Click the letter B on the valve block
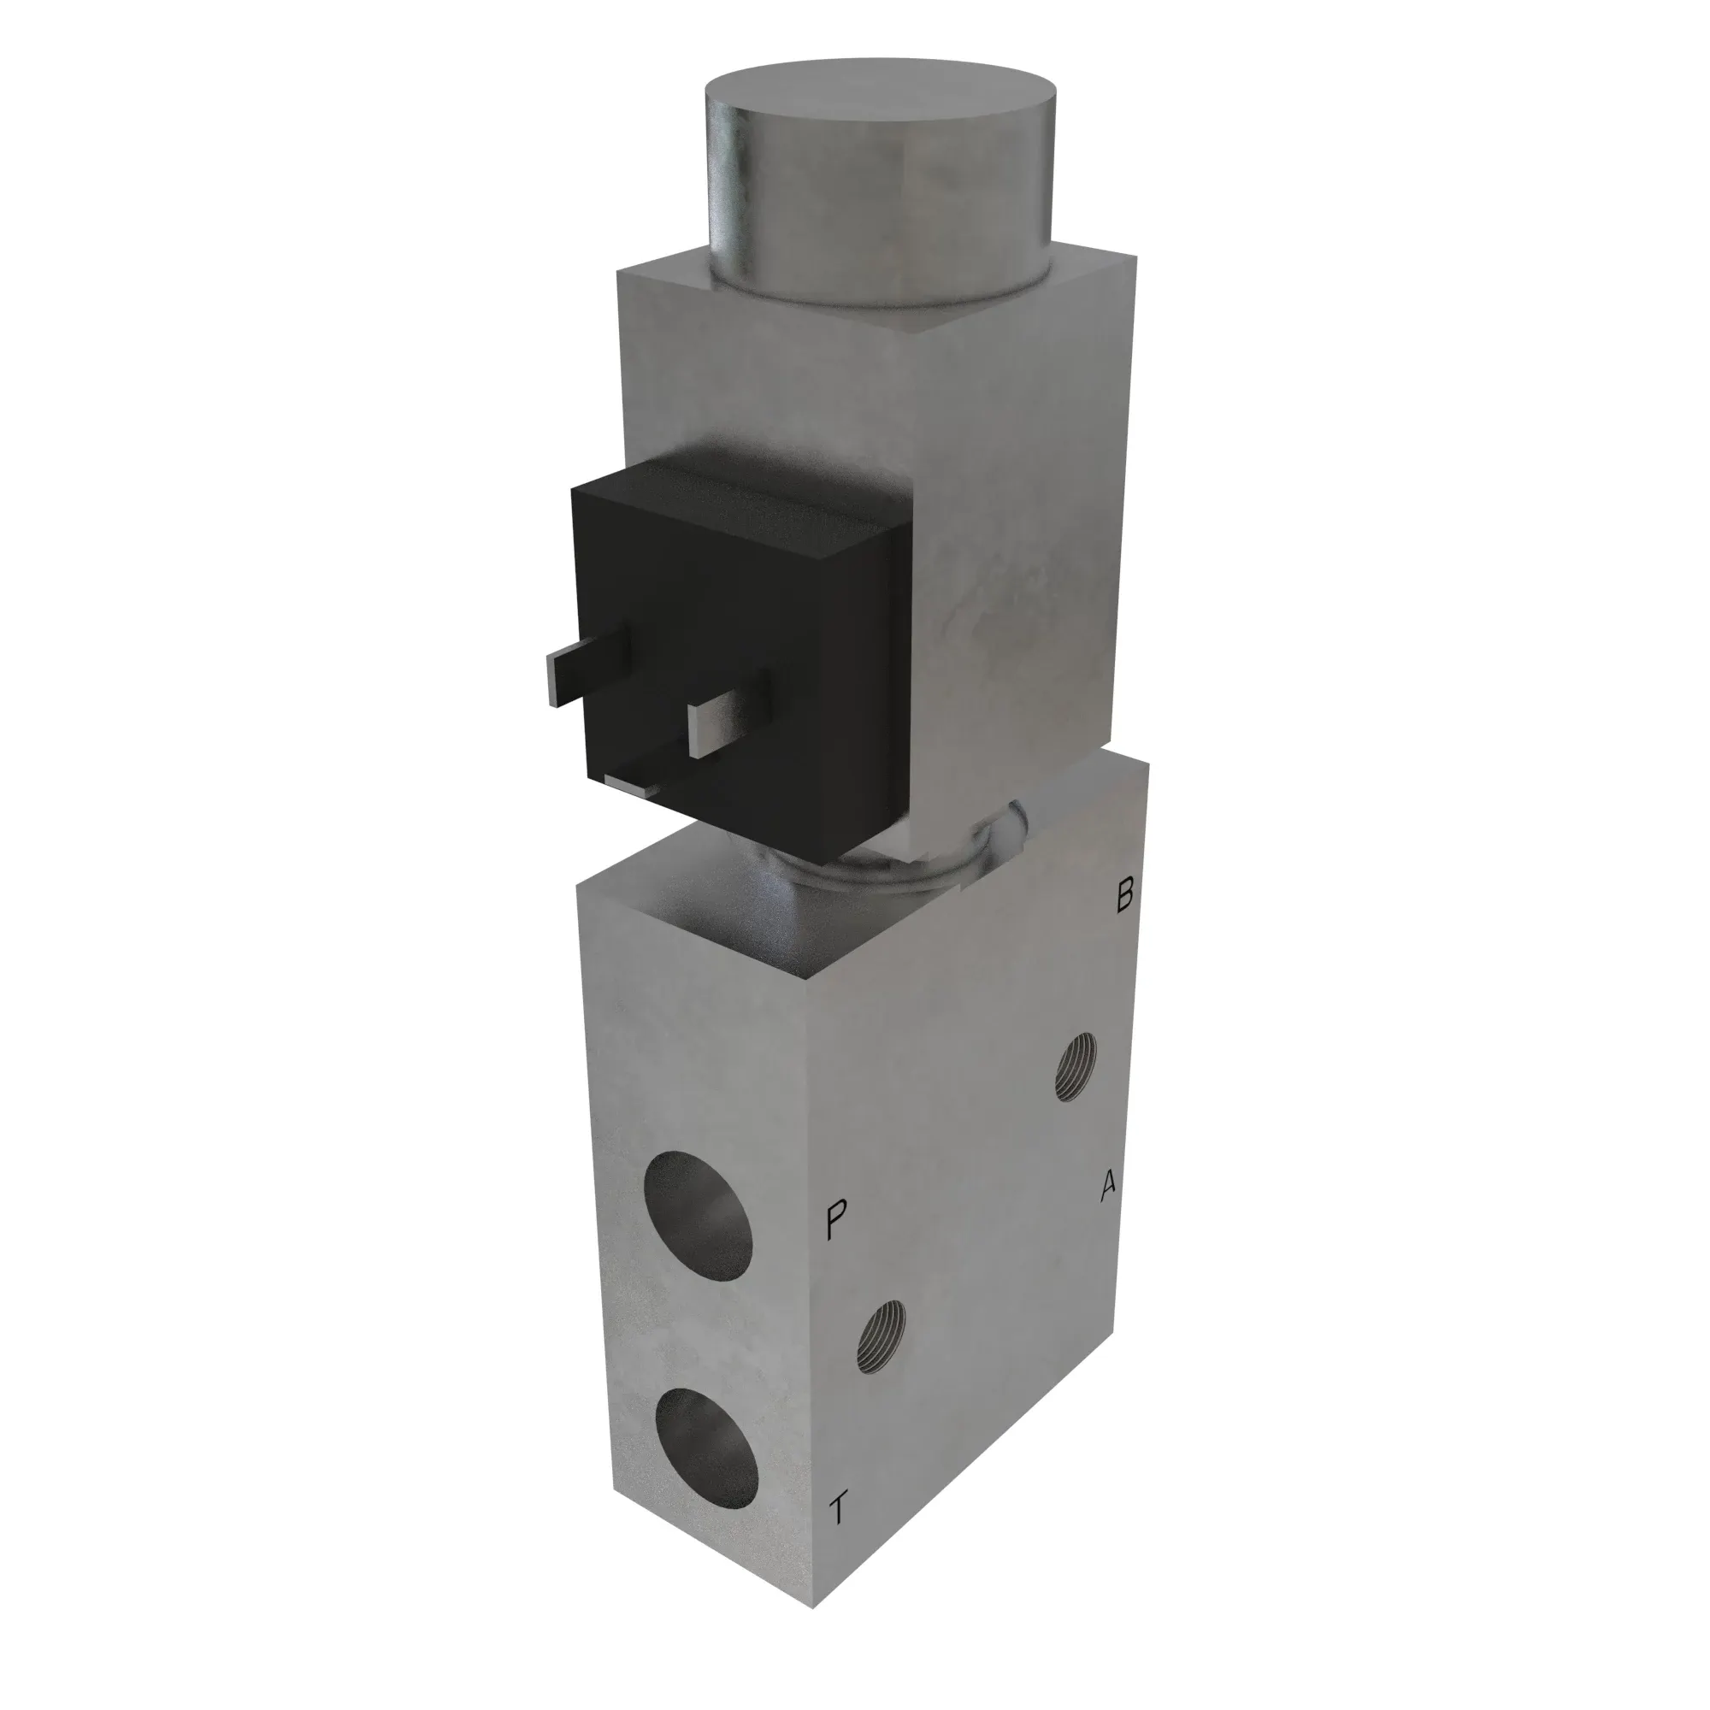point(1124,896)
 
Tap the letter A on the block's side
point(1108,1187)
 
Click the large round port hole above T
point(708,1426)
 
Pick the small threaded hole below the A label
point(882,1335)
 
